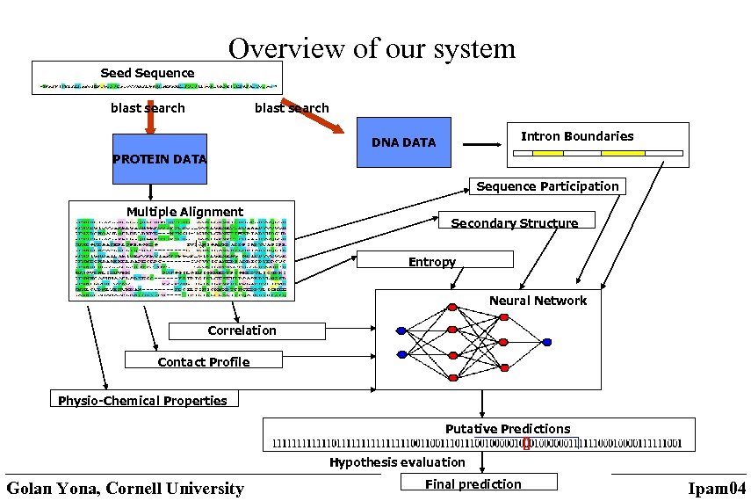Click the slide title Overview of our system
[x=372, y=47]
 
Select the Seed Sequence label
[x=147, y=73]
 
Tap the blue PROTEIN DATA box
[x=160, y=159]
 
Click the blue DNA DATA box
[x=403, y=142]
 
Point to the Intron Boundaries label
[x=577, y=136]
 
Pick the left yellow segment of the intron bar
[x=548, y=153]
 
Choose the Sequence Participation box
[x=547, y=186]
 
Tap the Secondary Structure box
[x=515, y=222]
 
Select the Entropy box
[x=434, y=261]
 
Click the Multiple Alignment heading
[x=184, y=212]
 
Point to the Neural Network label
[x=538, y=301]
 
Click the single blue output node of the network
[x=547, y=343]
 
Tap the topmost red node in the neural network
[x=452, y=308]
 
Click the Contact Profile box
[x=204, y=361]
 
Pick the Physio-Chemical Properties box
[x=143, y=400]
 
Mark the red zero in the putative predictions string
[x=525, y=443]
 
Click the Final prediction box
[x=478, y=483]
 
